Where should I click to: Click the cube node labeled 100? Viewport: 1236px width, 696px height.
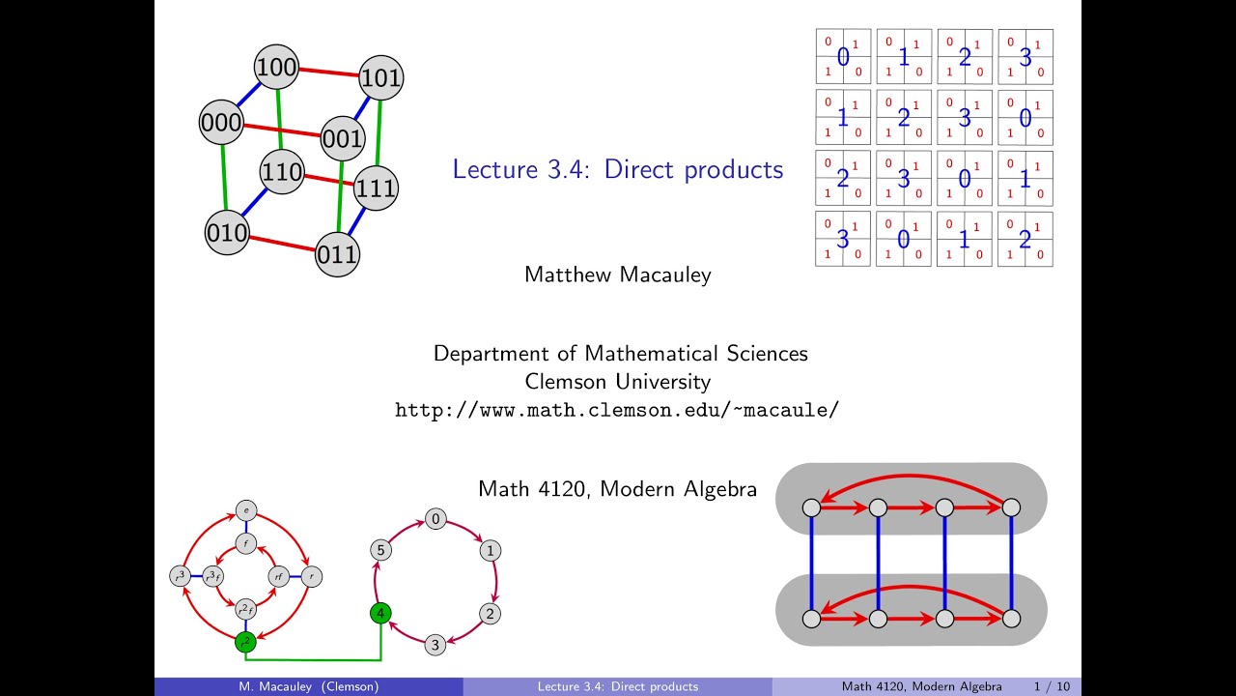tap(276, 67)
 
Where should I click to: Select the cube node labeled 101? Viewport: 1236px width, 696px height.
tap(380, 78)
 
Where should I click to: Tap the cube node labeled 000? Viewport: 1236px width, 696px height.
tap(221, 123)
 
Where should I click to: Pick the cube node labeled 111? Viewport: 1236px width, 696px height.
tap(375, 188)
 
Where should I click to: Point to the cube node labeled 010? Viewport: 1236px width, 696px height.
tap(227, 234)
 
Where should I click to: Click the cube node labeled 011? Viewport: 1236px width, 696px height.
tap(337, 255)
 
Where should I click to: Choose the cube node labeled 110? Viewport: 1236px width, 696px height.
tap(282, 173)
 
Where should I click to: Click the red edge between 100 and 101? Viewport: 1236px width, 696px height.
tap(328, 72)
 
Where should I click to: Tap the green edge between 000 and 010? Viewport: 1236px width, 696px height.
tap(224, 179)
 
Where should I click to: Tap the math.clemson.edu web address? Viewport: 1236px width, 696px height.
tap(617, 409)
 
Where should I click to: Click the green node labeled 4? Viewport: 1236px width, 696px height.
tap(380, 613)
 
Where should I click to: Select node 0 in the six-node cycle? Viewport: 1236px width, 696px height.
tap(435, 520)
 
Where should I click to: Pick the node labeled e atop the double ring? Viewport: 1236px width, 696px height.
tap(245, 510)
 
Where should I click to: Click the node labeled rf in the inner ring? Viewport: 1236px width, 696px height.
tap(278, 577)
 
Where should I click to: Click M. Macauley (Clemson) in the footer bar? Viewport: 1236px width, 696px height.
tap(309, 686)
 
